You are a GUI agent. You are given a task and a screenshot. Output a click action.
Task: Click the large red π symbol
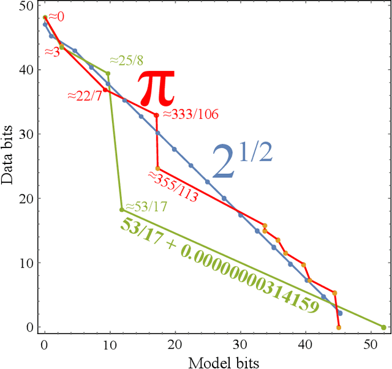tap(156, 88)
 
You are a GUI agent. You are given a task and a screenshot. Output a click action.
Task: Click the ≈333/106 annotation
tap(190, 113)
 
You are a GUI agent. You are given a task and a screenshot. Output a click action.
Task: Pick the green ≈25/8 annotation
tap(127, 60)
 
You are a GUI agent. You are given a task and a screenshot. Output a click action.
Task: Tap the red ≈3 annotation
tap(53, 53)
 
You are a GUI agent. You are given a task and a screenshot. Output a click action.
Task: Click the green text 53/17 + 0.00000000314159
tap(219, 265)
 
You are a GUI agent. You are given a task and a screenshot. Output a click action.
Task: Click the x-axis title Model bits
tap(223, 362)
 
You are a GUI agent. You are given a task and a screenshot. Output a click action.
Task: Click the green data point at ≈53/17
tap(122, 209)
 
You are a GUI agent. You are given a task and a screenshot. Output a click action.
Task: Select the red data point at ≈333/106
tap(156, 115)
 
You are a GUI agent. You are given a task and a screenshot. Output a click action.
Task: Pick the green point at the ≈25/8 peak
tap(108, 73)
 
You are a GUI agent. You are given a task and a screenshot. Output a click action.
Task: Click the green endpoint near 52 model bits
tap(383, 327)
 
